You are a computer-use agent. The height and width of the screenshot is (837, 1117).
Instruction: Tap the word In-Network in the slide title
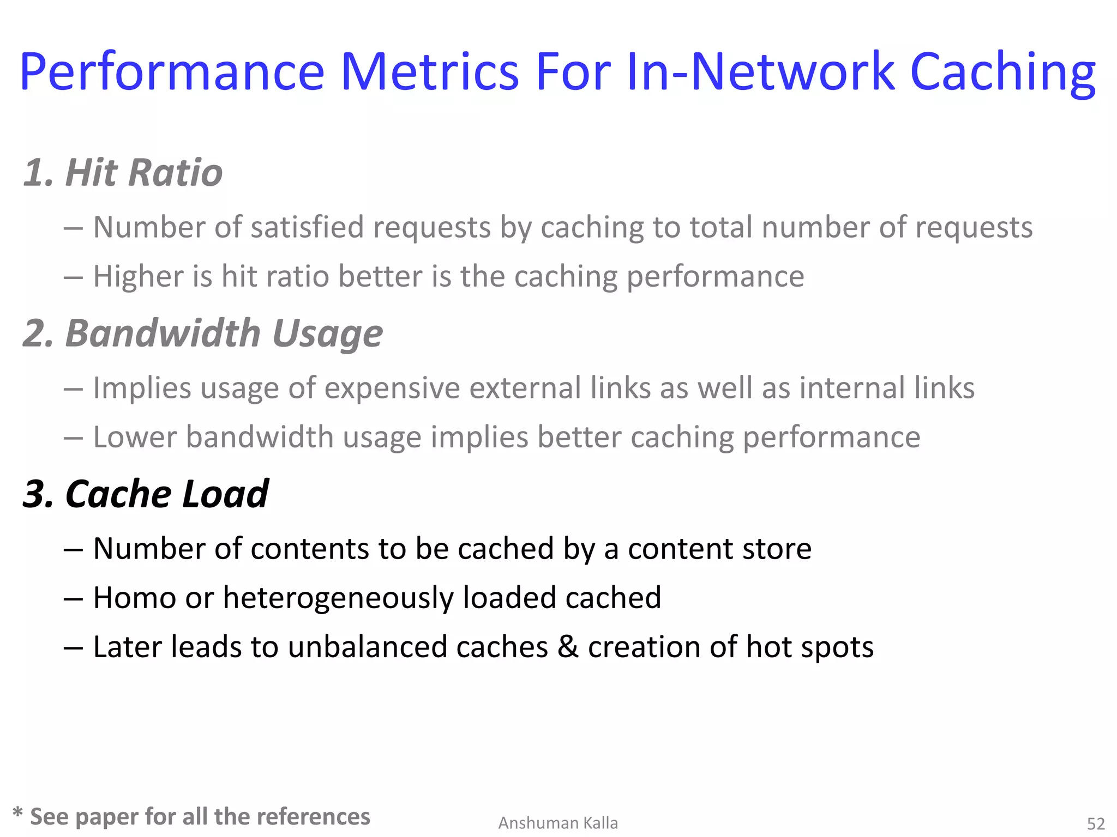(761, 71)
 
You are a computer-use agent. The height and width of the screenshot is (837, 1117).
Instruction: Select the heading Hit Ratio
(144, 173)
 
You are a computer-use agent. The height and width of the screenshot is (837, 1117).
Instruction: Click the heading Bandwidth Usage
(224, 333)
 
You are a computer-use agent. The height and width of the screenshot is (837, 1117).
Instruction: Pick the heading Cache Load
(167, 494)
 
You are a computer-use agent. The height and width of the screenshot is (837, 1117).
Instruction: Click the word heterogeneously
(338, 598)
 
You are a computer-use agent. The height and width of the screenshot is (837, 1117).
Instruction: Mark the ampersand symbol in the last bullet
(568, 647)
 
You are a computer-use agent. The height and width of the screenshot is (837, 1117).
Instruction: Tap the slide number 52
(1096, 823)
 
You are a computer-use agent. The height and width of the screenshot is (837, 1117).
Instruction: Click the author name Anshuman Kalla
(558, 823)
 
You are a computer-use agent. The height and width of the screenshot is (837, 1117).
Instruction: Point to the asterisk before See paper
(17, 813)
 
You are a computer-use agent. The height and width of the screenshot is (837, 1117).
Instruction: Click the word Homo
(134, 598)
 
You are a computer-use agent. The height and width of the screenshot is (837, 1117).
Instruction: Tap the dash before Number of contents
(73, 549)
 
